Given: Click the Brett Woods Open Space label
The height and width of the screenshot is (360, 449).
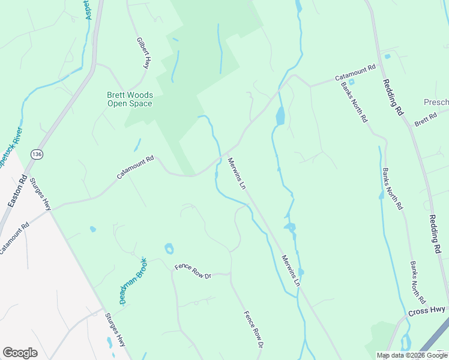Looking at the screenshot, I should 130,99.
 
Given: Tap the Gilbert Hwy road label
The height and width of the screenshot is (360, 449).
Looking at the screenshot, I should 143,53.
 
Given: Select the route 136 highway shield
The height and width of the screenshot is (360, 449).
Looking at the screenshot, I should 37,154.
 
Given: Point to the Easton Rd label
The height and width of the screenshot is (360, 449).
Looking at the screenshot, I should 17,191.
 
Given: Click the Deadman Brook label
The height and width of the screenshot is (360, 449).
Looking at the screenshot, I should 132,280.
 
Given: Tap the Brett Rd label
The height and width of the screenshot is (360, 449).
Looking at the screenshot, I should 426,120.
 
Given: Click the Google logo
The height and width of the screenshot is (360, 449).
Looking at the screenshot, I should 20,353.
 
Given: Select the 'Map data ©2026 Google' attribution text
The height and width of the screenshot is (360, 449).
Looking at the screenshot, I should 412,355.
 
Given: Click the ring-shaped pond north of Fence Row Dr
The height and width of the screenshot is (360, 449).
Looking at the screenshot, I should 169,248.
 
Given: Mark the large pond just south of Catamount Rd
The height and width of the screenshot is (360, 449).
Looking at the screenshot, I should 280,116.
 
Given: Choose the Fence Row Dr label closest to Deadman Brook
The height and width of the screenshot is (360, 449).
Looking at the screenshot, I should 193,272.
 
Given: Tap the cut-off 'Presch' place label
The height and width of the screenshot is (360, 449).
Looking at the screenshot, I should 436,103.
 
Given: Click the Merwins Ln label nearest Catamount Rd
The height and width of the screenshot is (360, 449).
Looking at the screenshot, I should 237,174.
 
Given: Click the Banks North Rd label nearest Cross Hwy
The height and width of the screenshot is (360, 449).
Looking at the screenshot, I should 417,282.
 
